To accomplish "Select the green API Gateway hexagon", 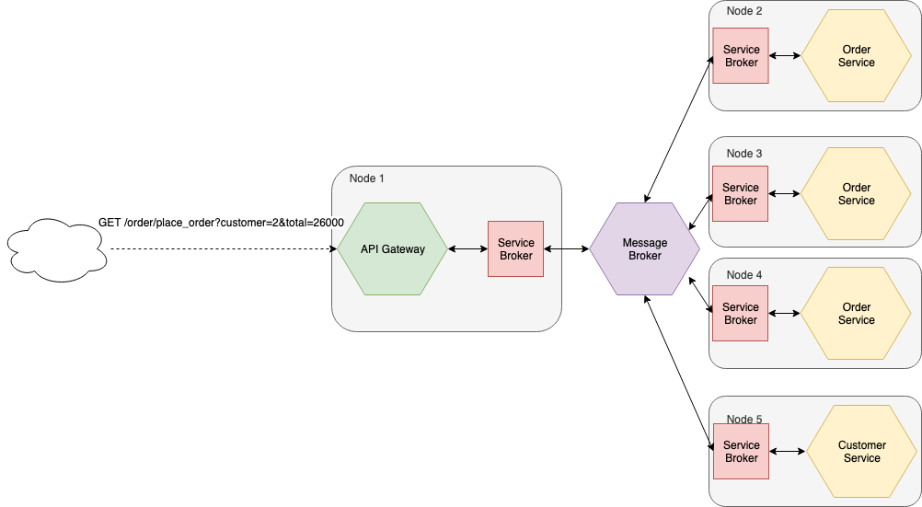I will [x=392, y=248].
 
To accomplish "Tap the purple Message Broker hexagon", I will [x=644, y=249].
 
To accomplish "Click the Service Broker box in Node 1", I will [x=515, y=248].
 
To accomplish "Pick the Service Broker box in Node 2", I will [x=741, y=56].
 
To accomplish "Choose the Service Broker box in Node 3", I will [x=740, y=194].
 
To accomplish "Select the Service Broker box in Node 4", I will [x=740, y=314].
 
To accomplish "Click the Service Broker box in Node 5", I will [x=741, y=452].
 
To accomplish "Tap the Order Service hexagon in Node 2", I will [x=856, y=56].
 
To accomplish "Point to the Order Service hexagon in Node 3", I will [x=856, y=194].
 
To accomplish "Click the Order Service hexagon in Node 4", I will [x=856, y=314].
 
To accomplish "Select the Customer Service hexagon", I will [x=861, y=452].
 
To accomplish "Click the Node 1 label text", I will [x=367, y=178].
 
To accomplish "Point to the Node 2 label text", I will [x=744, y=11].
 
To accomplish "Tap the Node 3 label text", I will [x=744, y=154].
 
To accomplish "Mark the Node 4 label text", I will [x=744, y=275].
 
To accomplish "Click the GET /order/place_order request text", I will [x=221, y=224].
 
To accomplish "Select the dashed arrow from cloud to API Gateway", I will [x=221, y=249].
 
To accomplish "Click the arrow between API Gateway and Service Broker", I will [x=467, y=249].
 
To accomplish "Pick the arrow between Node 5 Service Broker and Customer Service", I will [x=788, y=452].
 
